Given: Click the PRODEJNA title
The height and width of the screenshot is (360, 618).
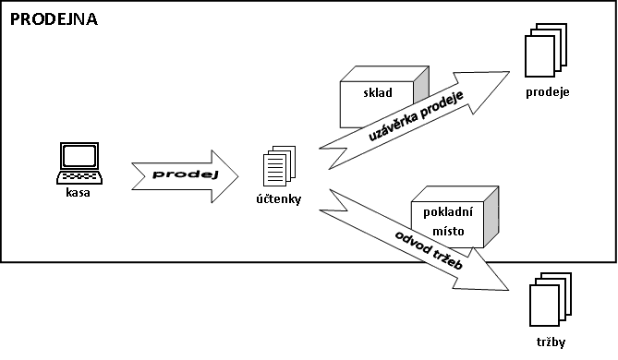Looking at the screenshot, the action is pyautogui.click(x=54, y=19).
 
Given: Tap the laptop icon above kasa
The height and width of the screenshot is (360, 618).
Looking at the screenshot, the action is pyautogui.click(x=79, y=163).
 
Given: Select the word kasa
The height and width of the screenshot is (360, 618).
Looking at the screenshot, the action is pyautogui.click(x=78, y=193).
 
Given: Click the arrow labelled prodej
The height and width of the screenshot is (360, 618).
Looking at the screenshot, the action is pyautogui.click(x=185, y=176).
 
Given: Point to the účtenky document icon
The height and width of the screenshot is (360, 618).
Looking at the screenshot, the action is pyautogui.click(x=280, y=166).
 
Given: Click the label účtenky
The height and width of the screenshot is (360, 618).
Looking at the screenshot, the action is pyautogui.click(x=279, y=198).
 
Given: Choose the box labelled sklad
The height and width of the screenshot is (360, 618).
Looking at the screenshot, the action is pyautogui.click(x=384, y=97).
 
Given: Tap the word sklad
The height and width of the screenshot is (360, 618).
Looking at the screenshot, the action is pyautogui.click(x=378, y=92).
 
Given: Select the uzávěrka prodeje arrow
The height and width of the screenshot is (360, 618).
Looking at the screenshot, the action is pyautogui.click(x=415, y=120).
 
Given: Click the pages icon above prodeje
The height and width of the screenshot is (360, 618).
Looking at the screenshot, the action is pyautogui.click(x=546, y=50).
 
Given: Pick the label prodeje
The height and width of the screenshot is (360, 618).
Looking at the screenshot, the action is pyautogui.click(x=548, y=92).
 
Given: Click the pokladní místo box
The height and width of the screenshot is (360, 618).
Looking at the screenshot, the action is pyautogui.click(x=454, y=217).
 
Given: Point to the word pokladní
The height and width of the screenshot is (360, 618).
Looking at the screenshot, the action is pyautogui.click(x=448, y=212).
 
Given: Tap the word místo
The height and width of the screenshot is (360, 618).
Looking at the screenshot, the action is pyautogui.click(x=448, y=231).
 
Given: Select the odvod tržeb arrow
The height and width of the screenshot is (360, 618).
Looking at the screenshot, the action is pyautogui.click(x=414, y=239).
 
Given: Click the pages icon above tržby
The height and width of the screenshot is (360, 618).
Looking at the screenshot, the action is pyautogui.click(x=551, y=299).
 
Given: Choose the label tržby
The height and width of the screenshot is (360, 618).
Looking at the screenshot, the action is pyautogui.click(x=551, y=342).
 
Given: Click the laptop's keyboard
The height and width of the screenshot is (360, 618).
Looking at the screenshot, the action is pyautogui.click(x=79, y=177).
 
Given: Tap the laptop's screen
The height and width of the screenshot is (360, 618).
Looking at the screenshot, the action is pyautogui.click(x=79, y=156).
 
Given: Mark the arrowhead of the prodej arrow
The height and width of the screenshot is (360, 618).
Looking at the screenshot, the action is pyautogui.click(x=224, y=176).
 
